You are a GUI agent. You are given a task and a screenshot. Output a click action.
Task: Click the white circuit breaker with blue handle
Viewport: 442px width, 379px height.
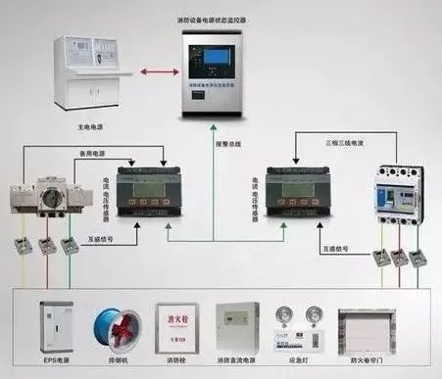[399, 192]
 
